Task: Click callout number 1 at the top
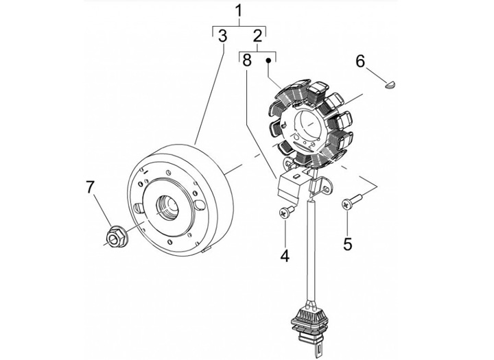[239, 11]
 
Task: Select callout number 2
[257, 36]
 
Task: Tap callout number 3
[222, 36]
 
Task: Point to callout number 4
[285, 256]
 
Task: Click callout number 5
[347, 243]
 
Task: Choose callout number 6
[360, 61]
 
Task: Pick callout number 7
[90, 187]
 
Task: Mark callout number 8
[247, 60]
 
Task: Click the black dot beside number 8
[269, 60]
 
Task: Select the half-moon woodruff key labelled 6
[391, 84]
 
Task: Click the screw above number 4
[286, 211]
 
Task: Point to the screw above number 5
[351, 202]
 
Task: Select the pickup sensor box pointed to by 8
[290, 186]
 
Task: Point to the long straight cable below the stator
[311, 250]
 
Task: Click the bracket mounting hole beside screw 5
[326, 189]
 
